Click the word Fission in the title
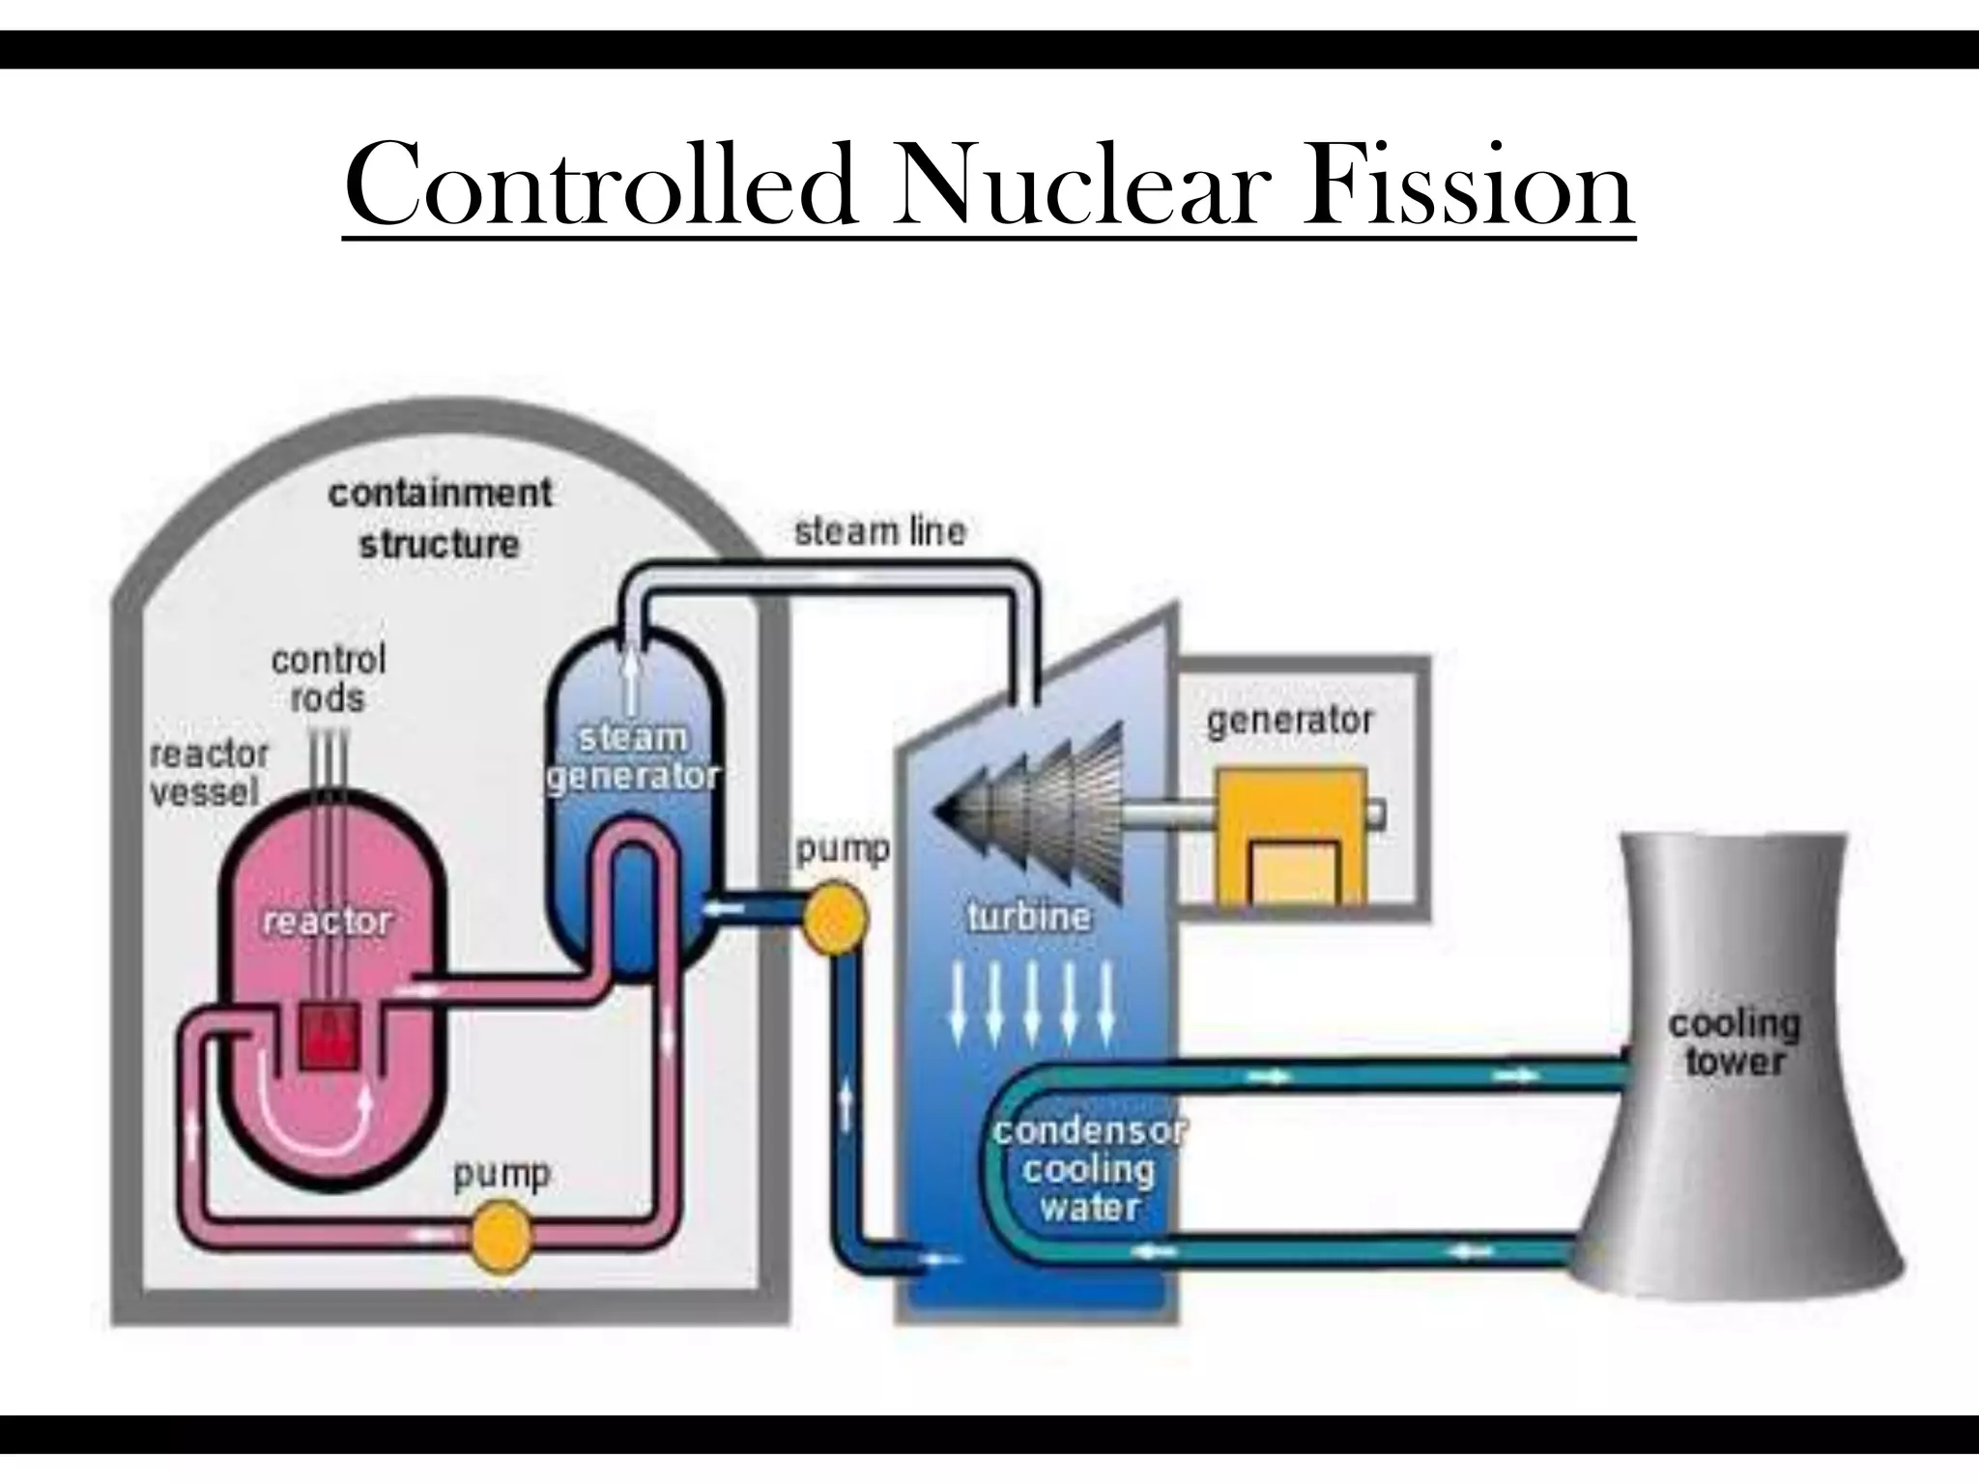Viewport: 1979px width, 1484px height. tap(1468, 185)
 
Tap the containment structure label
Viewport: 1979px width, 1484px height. tap(440, 519)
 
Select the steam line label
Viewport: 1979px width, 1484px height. tap(879, 531)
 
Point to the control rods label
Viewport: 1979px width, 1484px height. tap(329, 678)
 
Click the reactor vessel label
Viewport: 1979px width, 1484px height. tap(209, 773)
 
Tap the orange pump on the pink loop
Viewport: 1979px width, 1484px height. tap(501, 1234)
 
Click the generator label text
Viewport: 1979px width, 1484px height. tap(1290, 720)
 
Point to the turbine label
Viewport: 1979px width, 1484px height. tap(1028, 915)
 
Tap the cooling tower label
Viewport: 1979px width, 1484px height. tap(1735, 1042)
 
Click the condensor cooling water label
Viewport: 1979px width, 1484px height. tap(1090, 1169)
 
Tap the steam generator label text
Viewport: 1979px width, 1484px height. tap(633, 756)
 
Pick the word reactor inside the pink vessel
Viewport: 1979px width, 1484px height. tap(328, 921)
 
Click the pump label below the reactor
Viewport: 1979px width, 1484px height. tap(502, 1174)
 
